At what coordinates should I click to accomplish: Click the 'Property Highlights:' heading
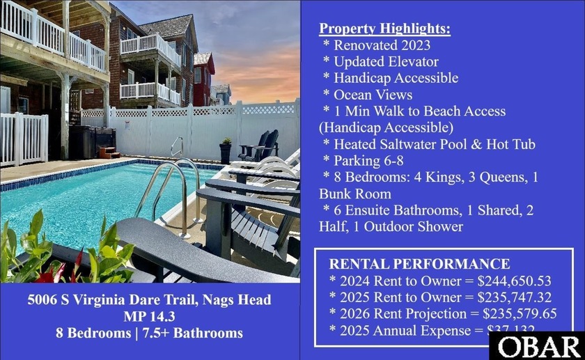pyautogui.click(x=384, y=29)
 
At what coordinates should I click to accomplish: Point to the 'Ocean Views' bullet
pyautogui.click(x=373, y=95)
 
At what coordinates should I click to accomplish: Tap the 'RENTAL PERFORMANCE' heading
pyautogui.click(x=419, y=264)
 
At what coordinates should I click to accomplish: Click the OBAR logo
pyautogui.click(x=540, y=346)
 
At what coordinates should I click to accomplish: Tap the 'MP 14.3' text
pyautogui.click(x=150, y=317)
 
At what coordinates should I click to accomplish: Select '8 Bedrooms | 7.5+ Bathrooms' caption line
pyautogui.click(x=150, y=333)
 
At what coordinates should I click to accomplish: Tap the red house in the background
pyautogui.click(x=205, y=80)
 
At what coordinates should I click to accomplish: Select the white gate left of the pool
pyautogui.click(x=24, y=139)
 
